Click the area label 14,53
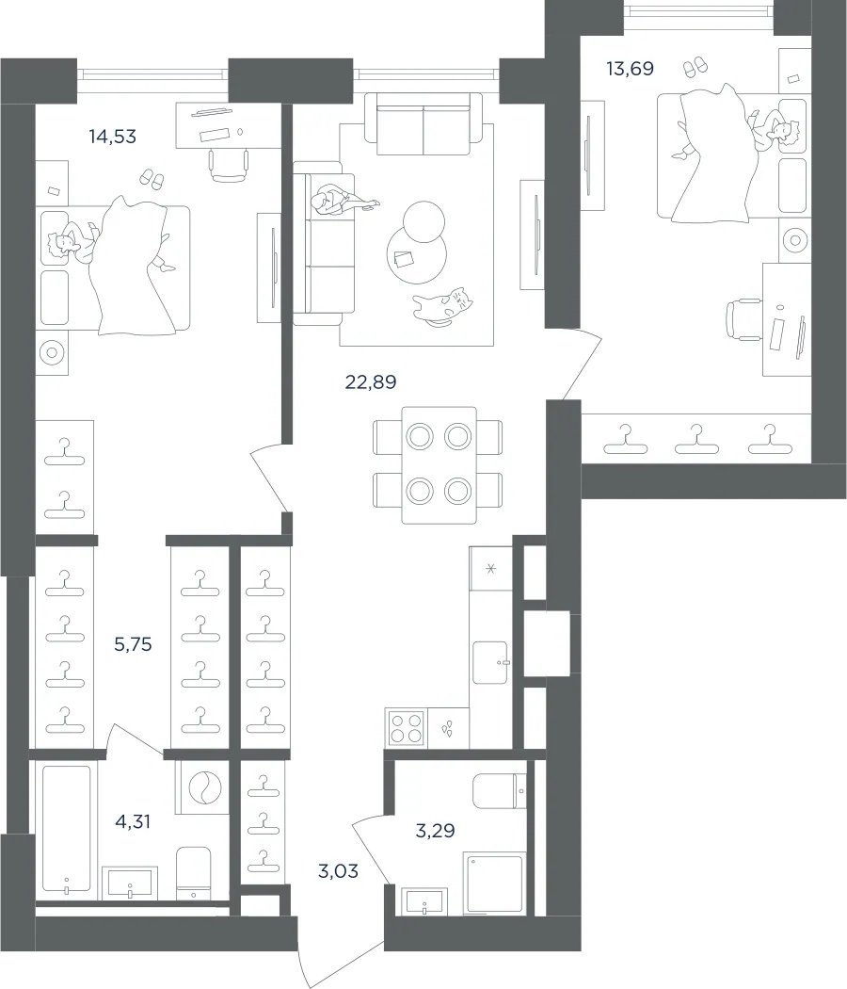[x=112, y=137]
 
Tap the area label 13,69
[x=630, y=68]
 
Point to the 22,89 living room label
[x=371, y=381]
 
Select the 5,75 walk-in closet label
[x=133, y=644]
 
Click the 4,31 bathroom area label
[x=133, y=822]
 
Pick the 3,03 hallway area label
[x=339, y=871]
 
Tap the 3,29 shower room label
[x=435, y=831]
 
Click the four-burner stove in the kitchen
[x=407, y=728]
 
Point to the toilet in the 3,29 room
[x=499, y=791]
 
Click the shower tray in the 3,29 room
[x=493, y=884]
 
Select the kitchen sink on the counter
[x=490, y=662]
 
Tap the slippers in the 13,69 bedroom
[x=695, y=66]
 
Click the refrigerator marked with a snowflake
[x=491, y=568]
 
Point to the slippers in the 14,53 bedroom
[x=152, y=179]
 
